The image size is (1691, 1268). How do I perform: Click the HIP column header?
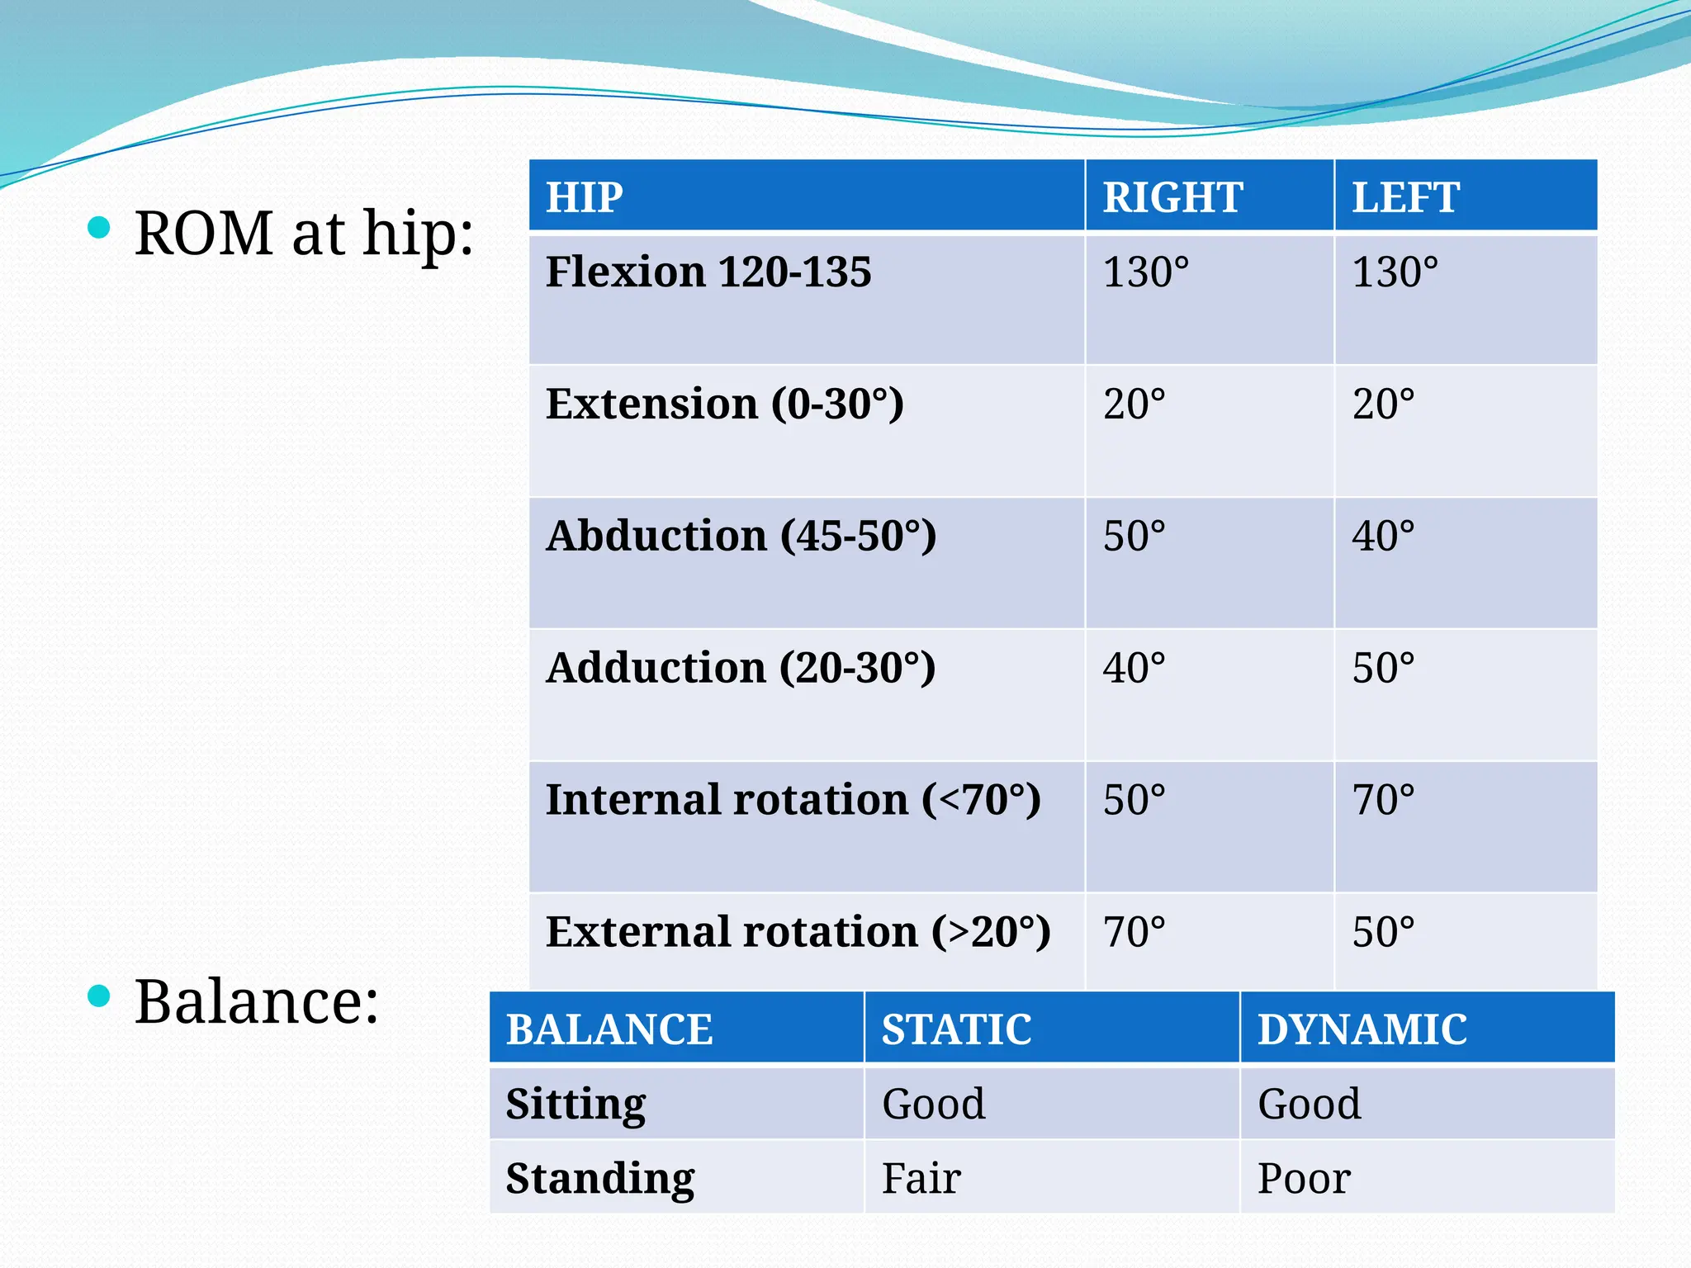point(585,197)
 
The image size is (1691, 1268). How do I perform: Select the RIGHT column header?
point(1172,197)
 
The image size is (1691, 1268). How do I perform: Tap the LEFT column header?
point(1405,197)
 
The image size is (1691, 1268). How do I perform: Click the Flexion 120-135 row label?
point(708,272)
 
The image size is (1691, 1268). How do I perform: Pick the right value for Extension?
point(1134,405)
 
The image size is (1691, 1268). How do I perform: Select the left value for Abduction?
point(1383,536)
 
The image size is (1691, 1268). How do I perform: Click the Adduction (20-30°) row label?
point(741,668)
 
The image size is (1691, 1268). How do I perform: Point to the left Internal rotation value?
point(1383,800)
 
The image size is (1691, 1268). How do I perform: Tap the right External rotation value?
point(1134,932)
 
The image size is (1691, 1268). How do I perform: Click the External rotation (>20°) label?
point(798,932)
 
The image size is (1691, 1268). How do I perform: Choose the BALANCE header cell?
point(609,1029)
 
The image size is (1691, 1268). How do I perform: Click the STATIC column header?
point(956,1029)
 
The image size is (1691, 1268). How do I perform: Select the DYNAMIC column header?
point(1362,1029)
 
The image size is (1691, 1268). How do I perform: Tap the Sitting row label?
point(576,1105)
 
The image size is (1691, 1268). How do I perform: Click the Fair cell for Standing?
point(921,1178)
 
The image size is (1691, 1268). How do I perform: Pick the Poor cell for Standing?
point(1303,1178)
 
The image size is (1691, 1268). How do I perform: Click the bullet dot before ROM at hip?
point(98,227)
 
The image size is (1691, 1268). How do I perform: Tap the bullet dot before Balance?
point(98,996)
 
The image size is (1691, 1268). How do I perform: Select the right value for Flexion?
point(1145,272)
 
